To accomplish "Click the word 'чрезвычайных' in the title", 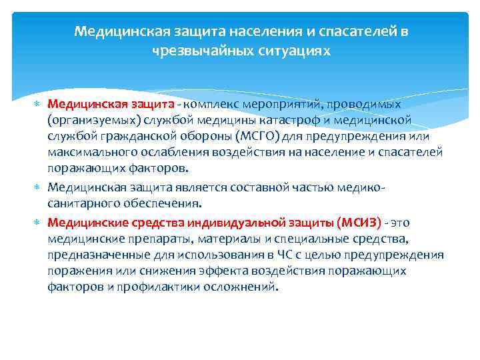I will click(192, 50).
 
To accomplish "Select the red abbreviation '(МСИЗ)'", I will click(359, 222).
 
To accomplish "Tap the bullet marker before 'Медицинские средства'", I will click(37, 223).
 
